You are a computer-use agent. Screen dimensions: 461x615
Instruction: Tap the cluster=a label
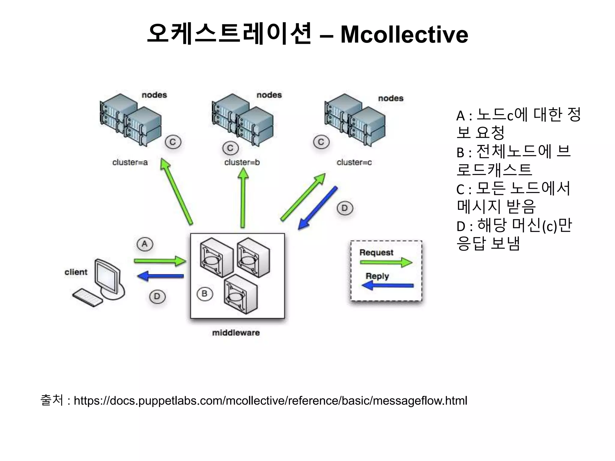point(130,162)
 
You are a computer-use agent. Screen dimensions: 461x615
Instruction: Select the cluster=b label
point(242,162)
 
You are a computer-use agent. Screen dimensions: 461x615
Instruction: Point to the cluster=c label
point(354,162)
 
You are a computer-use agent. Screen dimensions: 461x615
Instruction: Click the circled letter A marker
point(145,244)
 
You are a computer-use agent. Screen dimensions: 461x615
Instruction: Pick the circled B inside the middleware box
point(205,294)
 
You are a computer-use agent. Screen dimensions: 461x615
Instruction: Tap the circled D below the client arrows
point(157,297)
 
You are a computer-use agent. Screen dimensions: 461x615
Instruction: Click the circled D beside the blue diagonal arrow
point(344,208)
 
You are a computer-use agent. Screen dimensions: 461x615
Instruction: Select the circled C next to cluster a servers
point(173,142)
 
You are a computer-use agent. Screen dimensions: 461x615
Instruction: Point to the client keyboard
point(88,298)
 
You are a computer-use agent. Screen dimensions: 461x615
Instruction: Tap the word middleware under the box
point(236,333)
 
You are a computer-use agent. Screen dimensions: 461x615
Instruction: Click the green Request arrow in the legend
point(386,262)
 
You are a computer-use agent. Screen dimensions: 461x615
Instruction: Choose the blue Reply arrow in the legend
point(387,285)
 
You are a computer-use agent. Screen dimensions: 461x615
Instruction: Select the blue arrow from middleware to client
point(161,276)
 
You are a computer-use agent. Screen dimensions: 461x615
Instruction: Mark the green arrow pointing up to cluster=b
point(243,198)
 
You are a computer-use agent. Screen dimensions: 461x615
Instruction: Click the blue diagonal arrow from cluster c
point(318,208)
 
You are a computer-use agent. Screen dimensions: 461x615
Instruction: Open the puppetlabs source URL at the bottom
point(270,401)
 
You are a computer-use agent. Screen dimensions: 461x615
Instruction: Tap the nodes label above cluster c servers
point(390,98)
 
